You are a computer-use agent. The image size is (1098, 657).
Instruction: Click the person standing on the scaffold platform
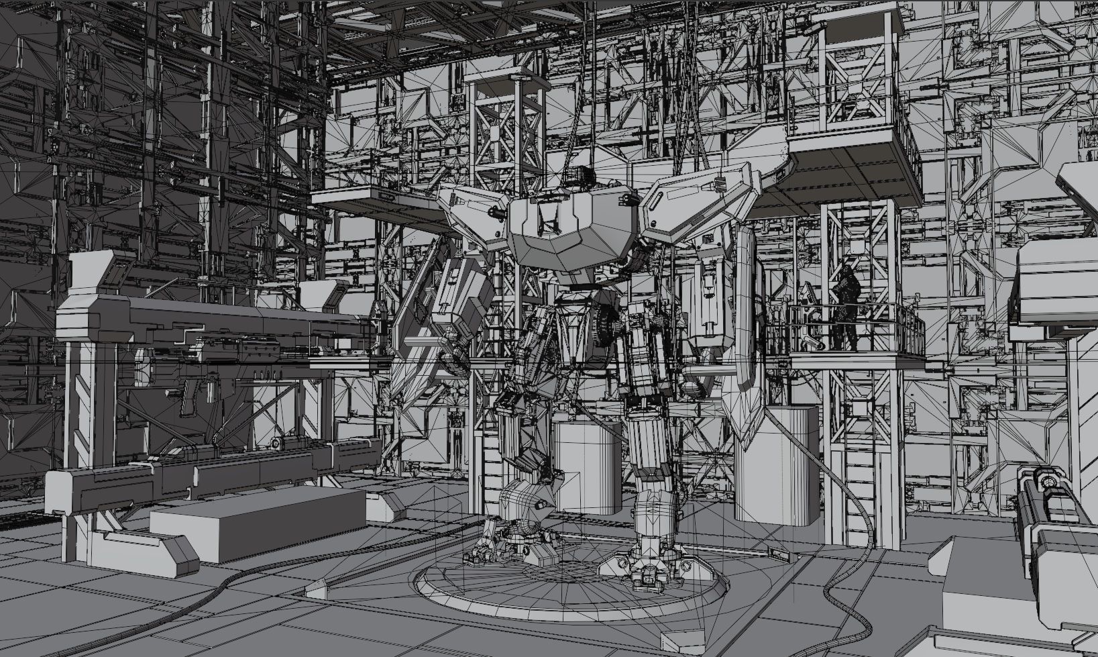(846, 307)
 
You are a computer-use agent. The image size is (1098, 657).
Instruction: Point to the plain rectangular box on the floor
(258, 523)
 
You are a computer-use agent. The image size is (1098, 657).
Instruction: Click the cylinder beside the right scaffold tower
(778, 470)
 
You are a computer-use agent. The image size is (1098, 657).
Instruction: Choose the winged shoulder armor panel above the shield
(698, 201)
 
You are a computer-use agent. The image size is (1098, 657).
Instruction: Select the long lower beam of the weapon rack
(201, 473)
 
